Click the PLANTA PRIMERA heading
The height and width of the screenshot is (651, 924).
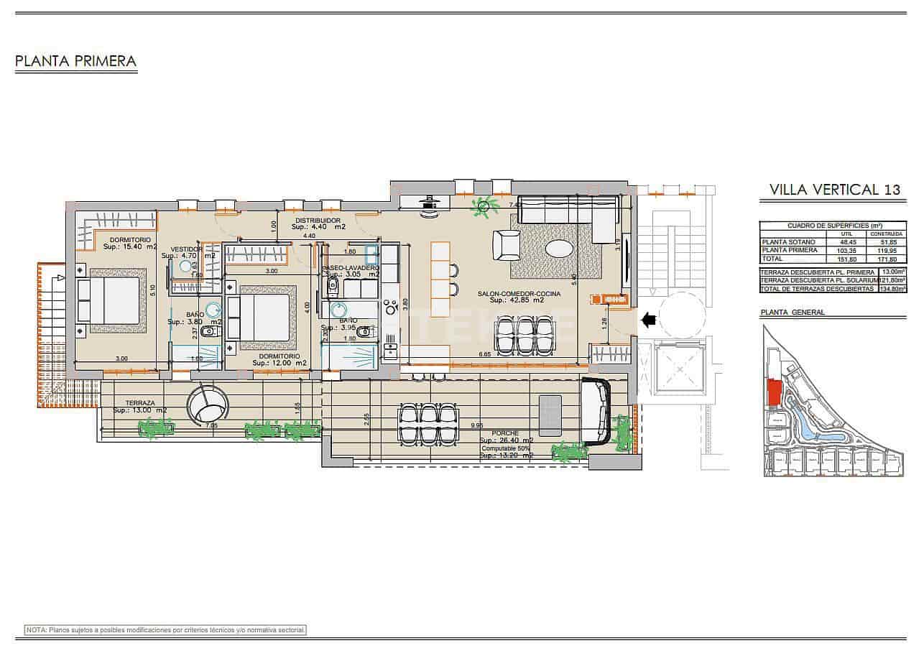pos(75,61)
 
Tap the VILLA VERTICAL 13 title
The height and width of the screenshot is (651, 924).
pos(834,190)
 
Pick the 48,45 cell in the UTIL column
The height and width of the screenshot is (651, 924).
pos(846,242)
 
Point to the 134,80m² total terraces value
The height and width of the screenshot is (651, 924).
pos(892,288)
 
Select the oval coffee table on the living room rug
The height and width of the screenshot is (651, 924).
pos(560,249)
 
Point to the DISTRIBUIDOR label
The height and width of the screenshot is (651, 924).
pos(317,221)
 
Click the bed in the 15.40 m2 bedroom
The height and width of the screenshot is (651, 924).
pos(109,300)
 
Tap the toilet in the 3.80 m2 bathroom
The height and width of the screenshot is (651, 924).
pos(208,331)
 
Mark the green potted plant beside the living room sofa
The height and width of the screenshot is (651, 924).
pos(484,207)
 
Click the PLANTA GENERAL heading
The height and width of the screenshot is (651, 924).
pos(793,313)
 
